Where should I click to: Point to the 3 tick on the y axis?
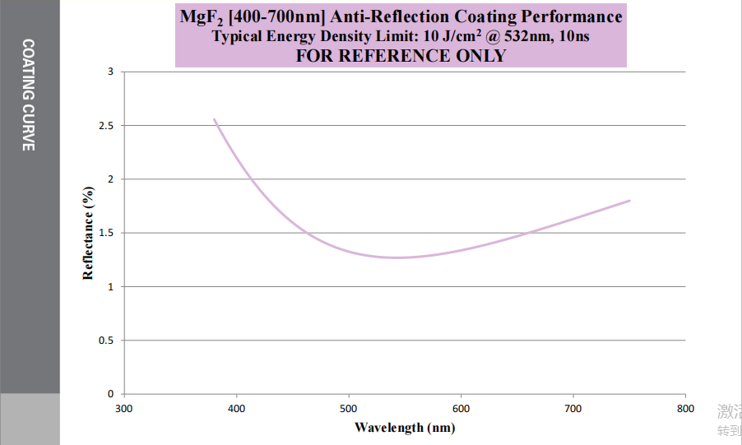pos(110,72)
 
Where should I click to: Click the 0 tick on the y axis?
pos(110,394)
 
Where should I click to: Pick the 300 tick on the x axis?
pos(123,408)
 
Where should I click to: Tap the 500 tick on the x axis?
pos(349,408)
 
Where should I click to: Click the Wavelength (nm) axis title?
pos(404,427)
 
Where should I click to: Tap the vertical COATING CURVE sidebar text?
pos(29,95)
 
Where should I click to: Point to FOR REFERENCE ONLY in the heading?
pos(401,56)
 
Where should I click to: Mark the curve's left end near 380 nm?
pos(215,119)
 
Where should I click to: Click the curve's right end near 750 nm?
pos(629,201)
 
